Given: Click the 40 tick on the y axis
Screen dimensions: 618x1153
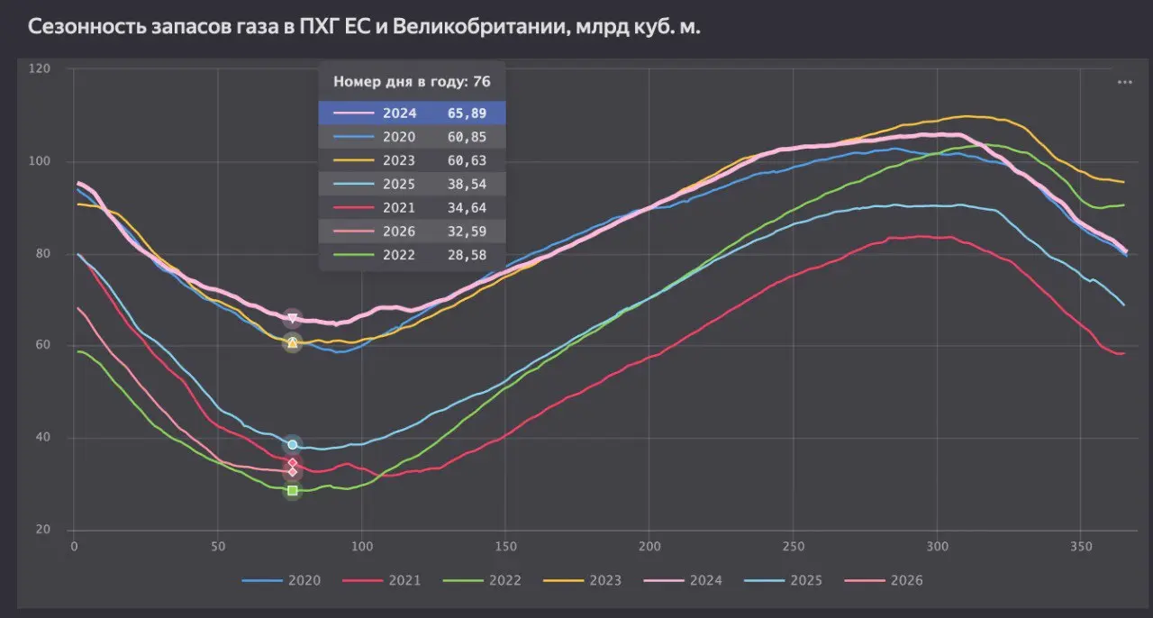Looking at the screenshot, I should point(42,438).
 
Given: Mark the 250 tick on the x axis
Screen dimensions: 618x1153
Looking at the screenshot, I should point(794,546).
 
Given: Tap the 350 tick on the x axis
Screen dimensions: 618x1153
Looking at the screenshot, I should point(1081,546).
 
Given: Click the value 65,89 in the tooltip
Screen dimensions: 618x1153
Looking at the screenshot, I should point(466,114).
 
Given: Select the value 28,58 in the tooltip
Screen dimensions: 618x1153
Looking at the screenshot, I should point(466,255).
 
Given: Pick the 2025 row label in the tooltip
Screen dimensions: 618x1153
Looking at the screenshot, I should point(399,184).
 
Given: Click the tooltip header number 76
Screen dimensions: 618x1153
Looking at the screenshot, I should point(481,81).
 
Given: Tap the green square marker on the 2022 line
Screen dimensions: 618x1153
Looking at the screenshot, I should point(292,491).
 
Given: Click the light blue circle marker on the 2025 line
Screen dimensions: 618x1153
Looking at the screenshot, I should point(292,445).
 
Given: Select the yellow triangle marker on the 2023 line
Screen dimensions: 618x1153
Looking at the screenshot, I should point(292,343).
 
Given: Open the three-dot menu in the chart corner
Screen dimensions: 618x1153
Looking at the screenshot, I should point(1124,82).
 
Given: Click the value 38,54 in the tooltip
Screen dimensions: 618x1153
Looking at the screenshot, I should point(466,184).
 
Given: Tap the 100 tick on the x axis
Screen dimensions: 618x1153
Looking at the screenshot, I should point(362,546).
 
